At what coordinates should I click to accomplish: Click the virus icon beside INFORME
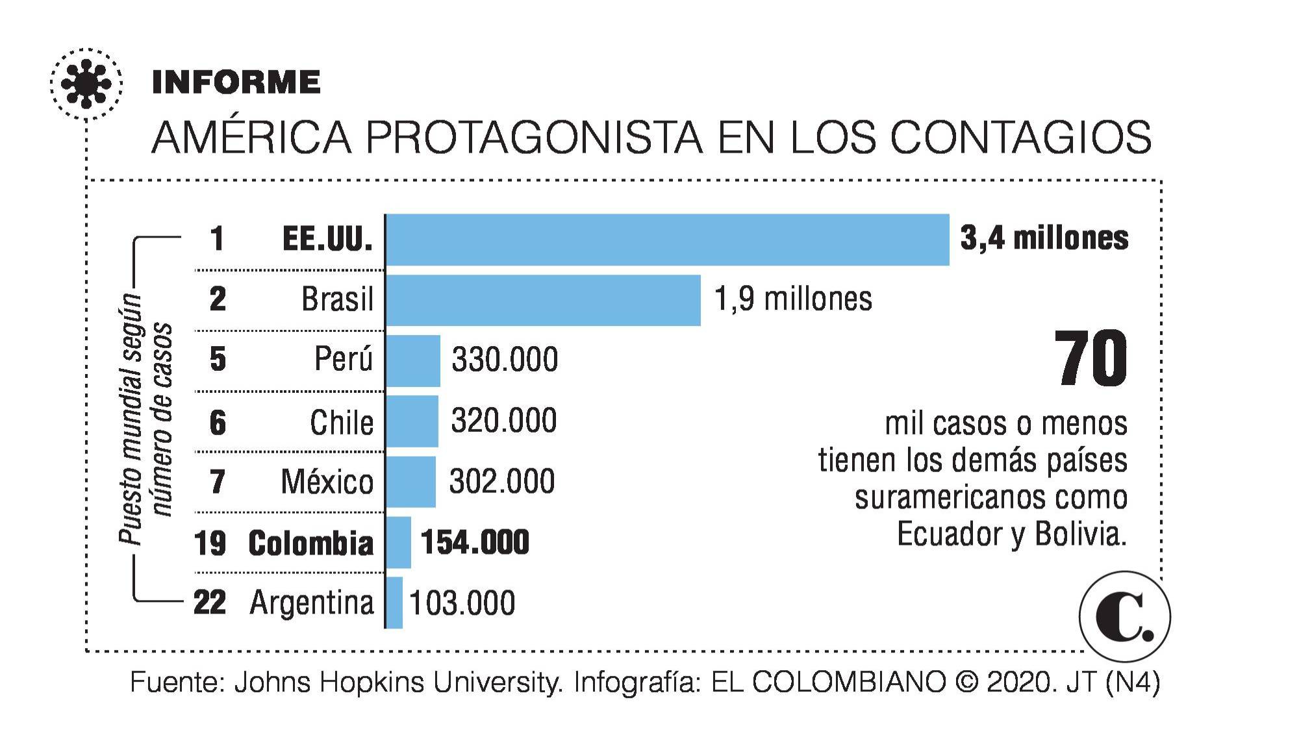(86, 84)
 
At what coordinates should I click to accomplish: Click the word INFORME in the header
(236, 82)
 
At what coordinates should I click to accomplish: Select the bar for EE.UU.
(667, 240)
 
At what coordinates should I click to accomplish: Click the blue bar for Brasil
(543, 300)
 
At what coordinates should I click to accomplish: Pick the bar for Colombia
(398, 542)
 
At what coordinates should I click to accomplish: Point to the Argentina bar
(394, 603)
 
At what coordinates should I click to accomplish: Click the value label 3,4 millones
(1044, 238)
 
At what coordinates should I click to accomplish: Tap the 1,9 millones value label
(793, 299)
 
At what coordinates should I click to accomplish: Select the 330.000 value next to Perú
(505, 360)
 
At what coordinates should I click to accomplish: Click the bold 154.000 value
(475, 542)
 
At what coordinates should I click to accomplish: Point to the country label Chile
(342, 423)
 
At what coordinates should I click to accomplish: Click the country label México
(327, 482)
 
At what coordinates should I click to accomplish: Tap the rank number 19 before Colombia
(210, 543)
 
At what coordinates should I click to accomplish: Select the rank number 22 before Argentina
(210, 603)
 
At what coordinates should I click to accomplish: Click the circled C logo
(1124, 616)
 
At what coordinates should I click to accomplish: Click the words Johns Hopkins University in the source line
(397, 682)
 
